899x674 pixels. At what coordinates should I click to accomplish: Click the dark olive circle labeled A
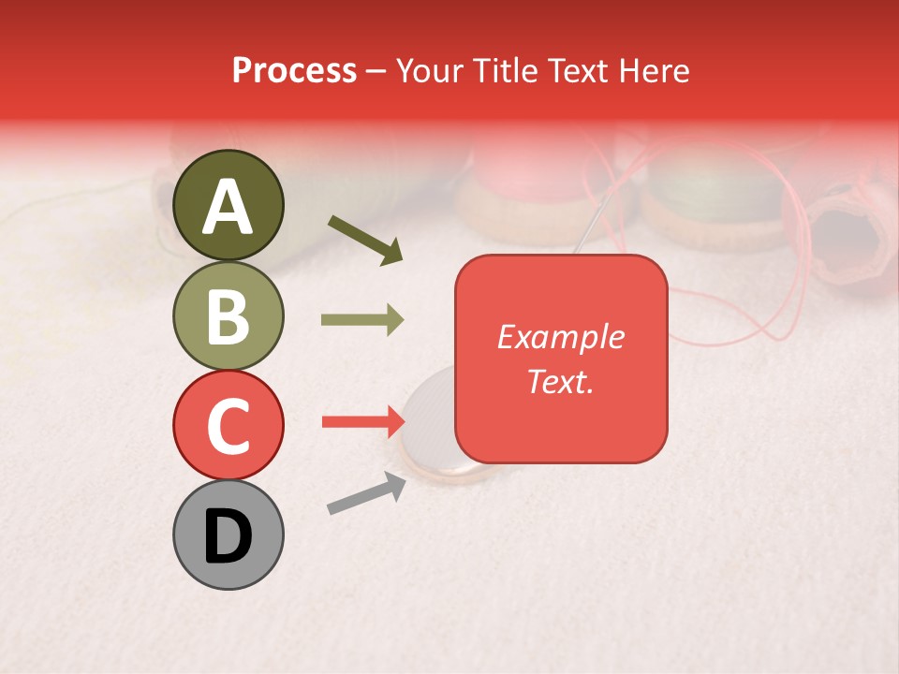[x=228, y=205]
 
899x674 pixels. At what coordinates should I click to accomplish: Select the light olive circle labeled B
[x=228, y=315]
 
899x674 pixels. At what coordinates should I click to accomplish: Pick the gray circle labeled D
[x=228, y=535]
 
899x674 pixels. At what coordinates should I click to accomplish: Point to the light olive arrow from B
[x=362, y=320]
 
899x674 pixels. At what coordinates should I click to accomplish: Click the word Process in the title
[x=294, y=71]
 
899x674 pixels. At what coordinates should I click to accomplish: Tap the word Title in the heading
[x=508, y=71]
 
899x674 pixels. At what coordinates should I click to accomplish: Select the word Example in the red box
[x=560, y=337]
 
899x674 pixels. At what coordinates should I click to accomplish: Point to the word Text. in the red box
[x=560, y=381]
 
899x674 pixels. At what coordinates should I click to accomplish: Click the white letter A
[x=228, y=207]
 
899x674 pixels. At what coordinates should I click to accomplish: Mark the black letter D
[x=228, y=536]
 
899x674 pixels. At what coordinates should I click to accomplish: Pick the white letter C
[x=228, y=426]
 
